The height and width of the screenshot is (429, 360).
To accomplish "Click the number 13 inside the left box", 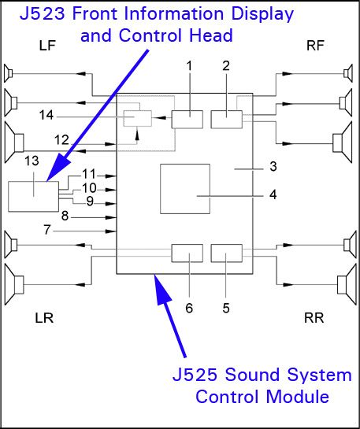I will (32, 161).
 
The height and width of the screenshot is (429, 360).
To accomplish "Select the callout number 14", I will (47, 115).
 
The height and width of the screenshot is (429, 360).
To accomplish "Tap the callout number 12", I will (62, 139).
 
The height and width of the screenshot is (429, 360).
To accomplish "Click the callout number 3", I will (273, 167).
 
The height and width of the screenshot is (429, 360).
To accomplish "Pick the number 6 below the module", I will (189, 308).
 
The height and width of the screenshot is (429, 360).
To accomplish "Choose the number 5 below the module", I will (226, 308).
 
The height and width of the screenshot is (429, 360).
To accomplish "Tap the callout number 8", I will (65, 215).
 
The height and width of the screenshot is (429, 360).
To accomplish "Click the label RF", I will (315, 47).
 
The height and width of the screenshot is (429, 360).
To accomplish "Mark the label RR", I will (315, 317).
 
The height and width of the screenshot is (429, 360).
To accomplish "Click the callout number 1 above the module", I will (189, 66).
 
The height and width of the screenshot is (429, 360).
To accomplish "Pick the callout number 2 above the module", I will (226, 66).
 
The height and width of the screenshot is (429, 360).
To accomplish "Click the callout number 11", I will (88, 174).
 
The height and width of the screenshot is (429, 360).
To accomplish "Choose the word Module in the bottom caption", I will (297, 395).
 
